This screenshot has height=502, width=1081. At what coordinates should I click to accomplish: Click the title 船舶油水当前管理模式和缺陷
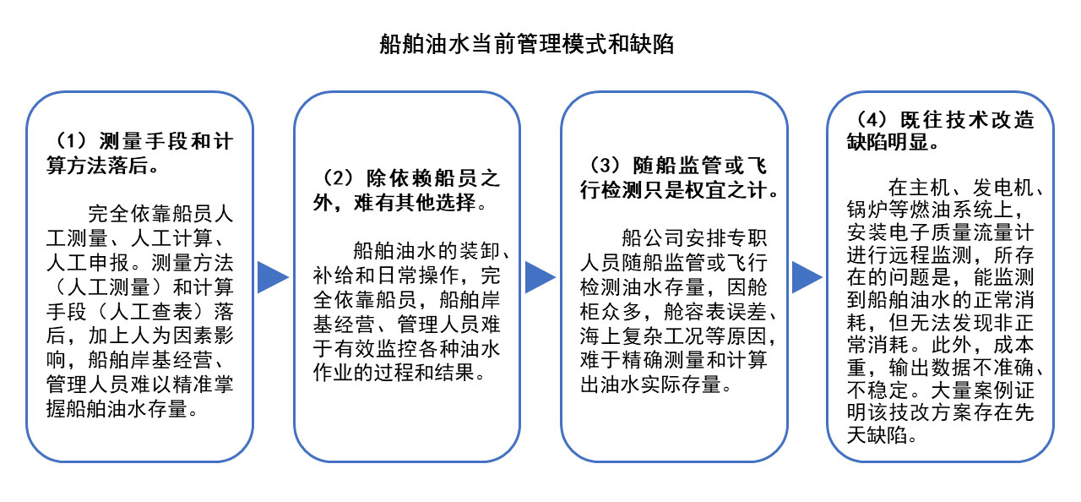pos(526,45)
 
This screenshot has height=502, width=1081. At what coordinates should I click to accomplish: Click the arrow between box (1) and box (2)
pos(273,277)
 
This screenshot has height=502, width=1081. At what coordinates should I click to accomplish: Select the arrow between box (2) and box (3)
pos(540,277)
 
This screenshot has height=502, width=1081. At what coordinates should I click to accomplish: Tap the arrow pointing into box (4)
pos(807,277)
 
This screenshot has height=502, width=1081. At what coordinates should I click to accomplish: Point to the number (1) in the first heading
pos(72,141)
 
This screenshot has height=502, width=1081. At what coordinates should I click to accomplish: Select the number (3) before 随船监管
pos(606,166)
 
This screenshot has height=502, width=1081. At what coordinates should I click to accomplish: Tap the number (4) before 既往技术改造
pos(872,120)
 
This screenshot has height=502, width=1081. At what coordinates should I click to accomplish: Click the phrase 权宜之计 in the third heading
pos(726,190)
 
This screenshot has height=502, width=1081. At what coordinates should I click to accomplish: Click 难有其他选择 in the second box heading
pos(416,203)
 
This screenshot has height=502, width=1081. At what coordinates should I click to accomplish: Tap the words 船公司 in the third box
pos(654,238)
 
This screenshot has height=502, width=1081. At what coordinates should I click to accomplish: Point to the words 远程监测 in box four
pos(931,255)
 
